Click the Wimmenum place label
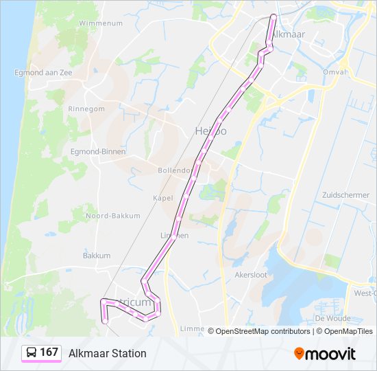click(x=100, y=23)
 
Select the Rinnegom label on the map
click(x=86, y=109)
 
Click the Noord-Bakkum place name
click(x=112, y=216)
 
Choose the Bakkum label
click(x=97, y=255)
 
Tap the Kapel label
click(x=163, y=198)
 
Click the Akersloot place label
click(x=269, y=273)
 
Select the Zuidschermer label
click(x=345, y=195)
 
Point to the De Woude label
click(x=332, y=318)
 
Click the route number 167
click(x=49, y=352)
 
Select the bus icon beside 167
click(x=32, y=353)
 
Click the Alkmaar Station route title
click(x=108, y=353)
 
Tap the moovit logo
click(x=325, y=353)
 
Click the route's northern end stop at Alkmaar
click(x=273, y=16)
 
